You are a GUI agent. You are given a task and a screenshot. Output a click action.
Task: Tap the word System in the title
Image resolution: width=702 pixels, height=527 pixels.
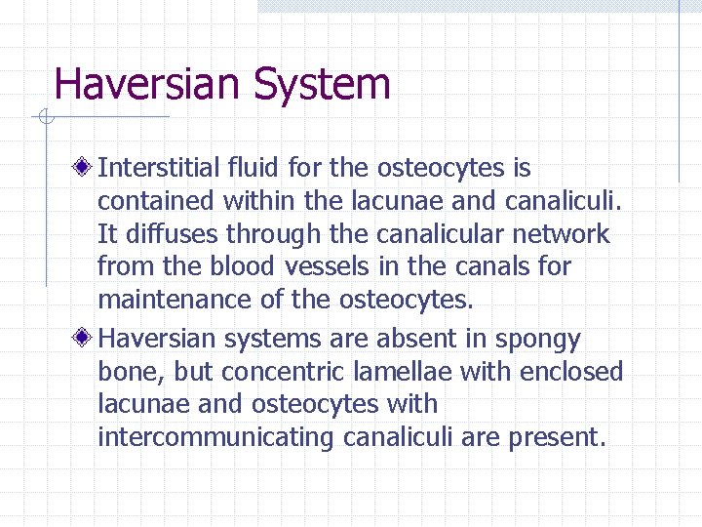(x=323, y=86)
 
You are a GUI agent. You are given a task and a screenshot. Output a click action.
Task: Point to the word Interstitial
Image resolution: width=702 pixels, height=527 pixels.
(x=158, y=169)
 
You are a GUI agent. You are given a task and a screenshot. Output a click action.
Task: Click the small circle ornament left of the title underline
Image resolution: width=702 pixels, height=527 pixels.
(x=44, y=119)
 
